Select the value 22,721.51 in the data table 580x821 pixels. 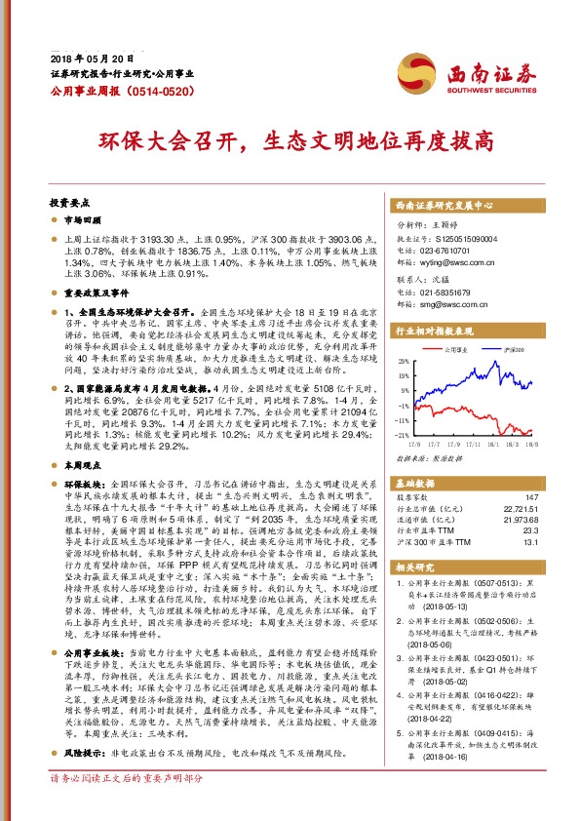coord(522,509)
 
